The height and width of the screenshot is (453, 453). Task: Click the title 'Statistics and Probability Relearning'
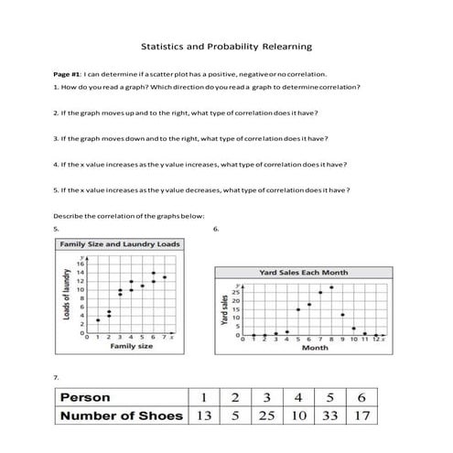coord(226,45)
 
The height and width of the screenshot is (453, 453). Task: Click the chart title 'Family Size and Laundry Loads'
coord(118,245)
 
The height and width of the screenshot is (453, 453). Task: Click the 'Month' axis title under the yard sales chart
coord(315,347)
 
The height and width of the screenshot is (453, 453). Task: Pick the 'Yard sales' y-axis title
coord(222,311)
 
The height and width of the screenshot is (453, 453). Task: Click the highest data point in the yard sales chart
coord(329,287)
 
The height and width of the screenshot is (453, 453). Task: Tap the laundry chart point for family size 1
coord(98,319)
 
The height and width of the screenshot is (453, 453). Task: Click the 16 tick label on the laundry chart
coord(81,264)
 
